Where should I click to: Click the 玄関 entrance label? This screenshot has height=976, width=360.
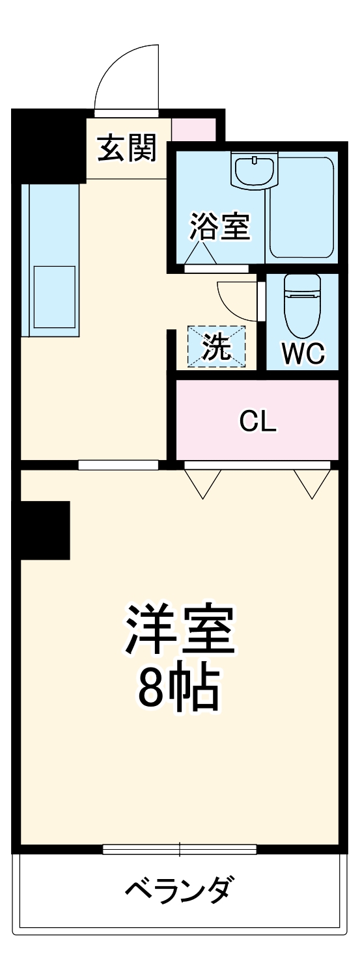pos(128,149)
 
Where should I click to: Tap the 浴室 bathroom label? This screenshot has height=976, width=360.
pos(219,227)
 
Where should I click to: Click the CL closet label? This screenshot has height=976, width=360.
pos(258,422)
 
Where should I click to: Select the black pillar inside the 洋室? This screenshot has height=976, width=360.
pos(45,530)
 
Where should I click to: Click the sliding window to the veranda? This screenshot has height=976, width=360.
pos(179,848)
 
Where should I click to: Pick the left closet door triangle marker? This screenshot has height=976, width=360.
pos(202,482)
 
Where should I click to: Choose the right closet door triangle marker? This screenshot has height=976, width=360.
pos(312,482)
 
